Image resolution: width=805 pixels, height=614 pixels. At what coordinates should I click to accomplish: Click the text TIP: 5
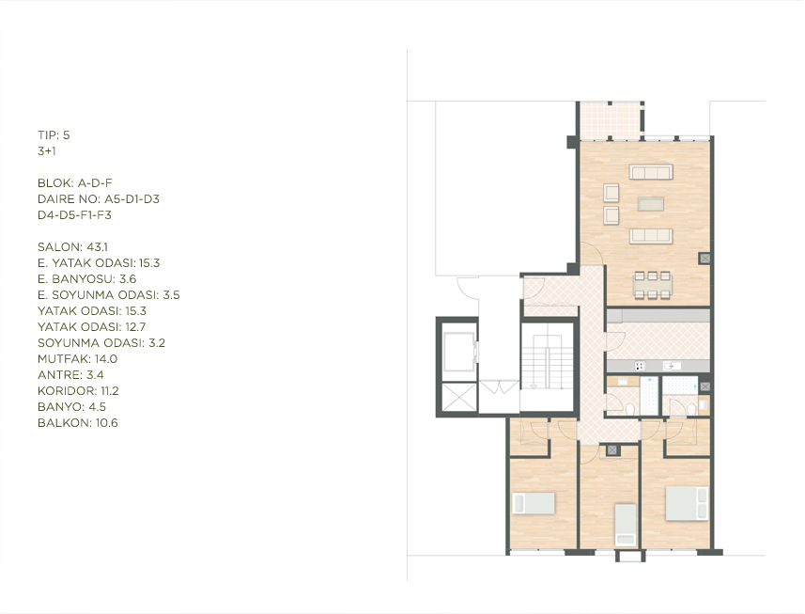point(54,135)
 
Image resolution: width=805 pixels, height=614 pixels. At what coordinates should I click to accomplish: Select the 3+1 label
point(47,151)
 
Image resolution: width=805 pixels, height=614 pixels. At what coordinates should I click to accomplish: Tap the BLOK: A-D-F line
point(75,183)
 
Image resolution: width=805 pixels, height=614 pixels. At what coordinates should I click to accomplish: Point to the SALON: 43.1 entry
point(72,247)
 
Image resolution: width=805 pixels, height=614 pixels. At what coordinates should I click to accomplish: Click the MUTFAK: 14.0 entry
point(78,358)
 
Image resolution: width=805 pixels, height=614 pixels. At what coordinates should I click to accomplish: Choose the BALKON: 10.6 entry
point(78,423)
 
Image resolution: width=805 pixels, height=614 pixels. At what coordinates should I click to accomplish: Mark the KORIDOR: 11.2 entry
point(78,391)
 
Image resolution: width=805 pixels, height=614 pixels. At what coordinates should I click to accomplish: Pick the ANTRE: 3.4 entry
point(70,375)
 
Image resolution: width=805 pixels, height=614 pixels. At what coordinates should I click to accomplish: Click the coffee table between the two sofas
point(650,204)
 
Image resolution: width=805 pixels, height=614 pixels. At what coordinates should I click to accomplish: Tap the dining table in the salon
point(652,284)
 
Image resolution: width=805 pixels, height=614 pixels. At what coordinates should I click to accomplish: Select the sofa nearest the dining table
point(651,236)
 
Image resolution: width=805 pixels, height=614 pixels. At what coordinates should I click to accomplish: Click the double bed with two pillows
point(687,504)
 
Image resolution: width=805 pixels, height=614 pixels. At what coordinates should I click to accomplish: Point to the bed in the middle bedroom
point(626,524)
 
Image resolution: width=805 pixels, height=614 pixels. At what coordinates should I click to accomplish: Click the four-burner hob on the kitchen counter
point(640,366)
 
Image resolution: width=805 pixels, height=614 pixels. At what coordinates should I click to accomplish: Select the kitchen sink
point(672,366)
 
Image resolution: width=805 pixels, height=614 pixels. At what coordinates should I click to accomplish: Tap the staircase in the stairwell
point(548,367)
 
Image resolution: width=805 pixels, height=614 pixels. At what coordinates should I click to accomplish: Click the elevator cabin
point(459,352)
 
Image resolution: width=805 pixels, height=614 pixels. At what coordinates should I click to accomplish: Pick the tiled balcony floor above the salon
point(610,120)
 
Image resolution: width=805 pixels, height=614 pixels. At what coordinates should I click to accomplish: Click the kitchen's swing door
point(614,342)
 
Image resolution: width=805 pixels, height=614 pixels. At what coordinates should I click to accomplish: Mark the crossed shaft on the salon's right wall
point(704,259)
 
